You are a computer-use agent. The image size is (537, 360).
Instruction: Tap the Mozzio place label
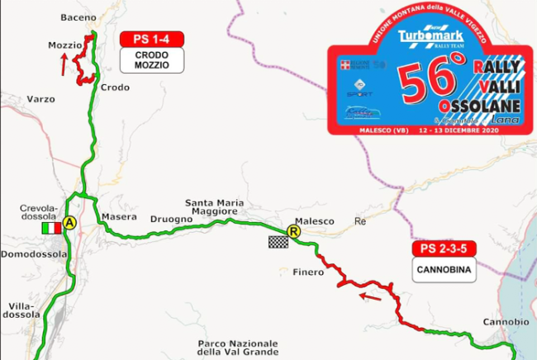pyautogui.click(x=64, y=45)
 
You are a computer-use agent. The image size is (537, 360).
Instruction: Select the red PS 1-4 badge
pyautogui.click(x=151, y=40)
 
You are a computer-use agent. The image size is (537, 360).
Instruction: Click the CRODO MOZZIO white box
pyautogui.click(x=151, y=59)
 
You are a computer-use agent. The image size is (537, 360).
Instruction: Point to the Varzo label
pyautogui.click(x=40, y=99)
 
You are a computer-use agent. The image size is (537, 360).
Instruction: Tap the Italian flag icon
pyautogui.click(x=51, y=227)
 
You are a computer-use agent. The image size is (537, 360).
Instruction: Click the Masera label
pyautogui.click(x=112, y=217)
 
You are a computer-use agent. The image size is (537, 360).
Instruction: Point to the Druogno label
pyautogui.click(x=171, y=219)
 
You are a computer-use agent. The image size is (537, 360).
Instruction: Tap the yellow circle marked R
pyautogui.click(x=292, y=232)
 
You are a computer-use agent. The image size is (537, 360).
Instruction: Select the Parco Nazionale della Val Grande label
pyautogui.click(x=237, y=348)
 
